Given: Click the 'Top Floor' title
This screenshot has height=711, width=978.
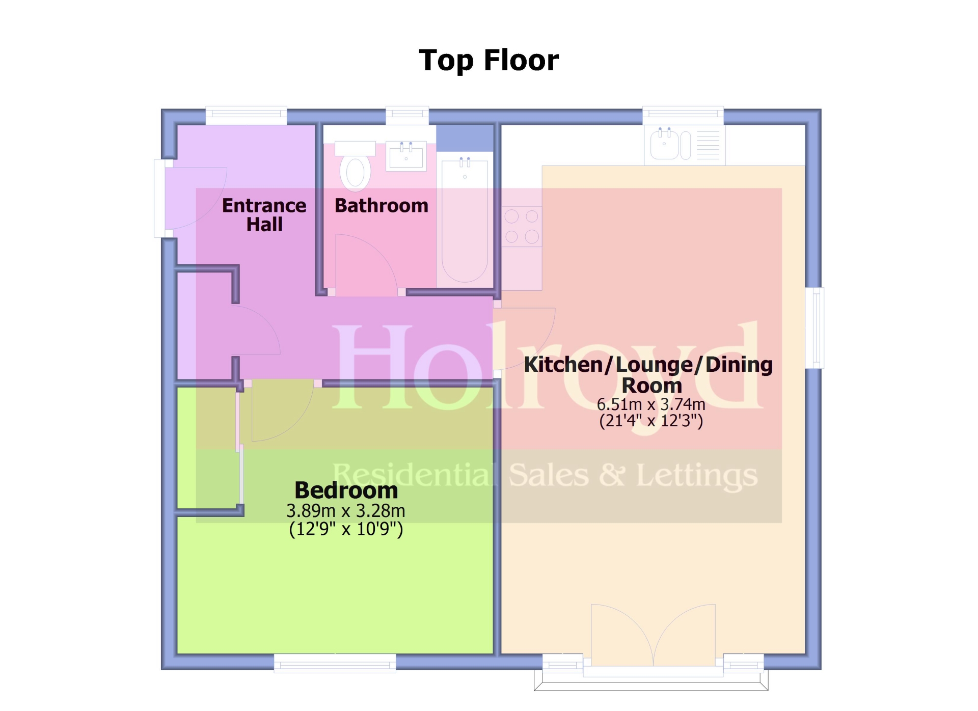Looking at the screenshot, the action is [x=488, y=61].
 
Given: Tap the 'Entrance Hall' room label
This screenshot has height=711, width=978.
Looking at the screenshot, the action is [x=264, y=215].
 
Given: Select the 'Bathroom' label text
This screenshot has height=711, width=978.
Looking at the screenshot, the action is [x=382, y=206].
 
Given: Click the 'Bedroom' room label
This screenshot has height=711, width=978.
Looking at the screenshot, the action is [x=346, y=490].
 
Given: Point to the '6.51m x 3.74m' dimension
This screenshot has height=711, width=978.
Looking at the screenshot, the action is [x=651, y=404].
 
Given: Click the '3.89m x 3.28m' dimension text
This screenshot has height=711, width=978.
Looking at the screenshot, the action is [x=346, y=510].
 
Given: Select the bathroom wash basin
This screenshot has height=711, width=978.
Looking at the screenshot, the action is [x=406, y=156].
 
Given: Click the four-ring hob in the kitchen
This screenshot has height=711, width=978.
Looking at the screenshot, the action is [x=522, y=227].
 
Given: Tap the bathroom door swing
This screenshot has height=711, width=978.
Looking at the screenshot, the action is [x=366, y=265].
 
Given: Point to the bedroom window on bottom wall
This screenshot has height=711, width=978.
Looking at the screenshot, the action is [x=335, y=664].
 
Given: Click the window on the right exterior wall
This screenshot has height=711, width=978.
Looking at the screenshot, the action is [x=814, y=328].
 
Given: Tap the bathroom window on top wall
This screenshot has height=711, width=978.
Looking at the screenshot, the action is [x=407, y=115].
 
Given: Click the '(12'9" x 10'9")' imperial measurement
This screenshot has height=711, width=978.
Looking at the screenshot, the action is [x=346, y=529].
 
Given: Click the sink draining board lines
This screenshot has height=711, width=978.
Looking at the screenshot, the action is [x=708, y=145].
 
